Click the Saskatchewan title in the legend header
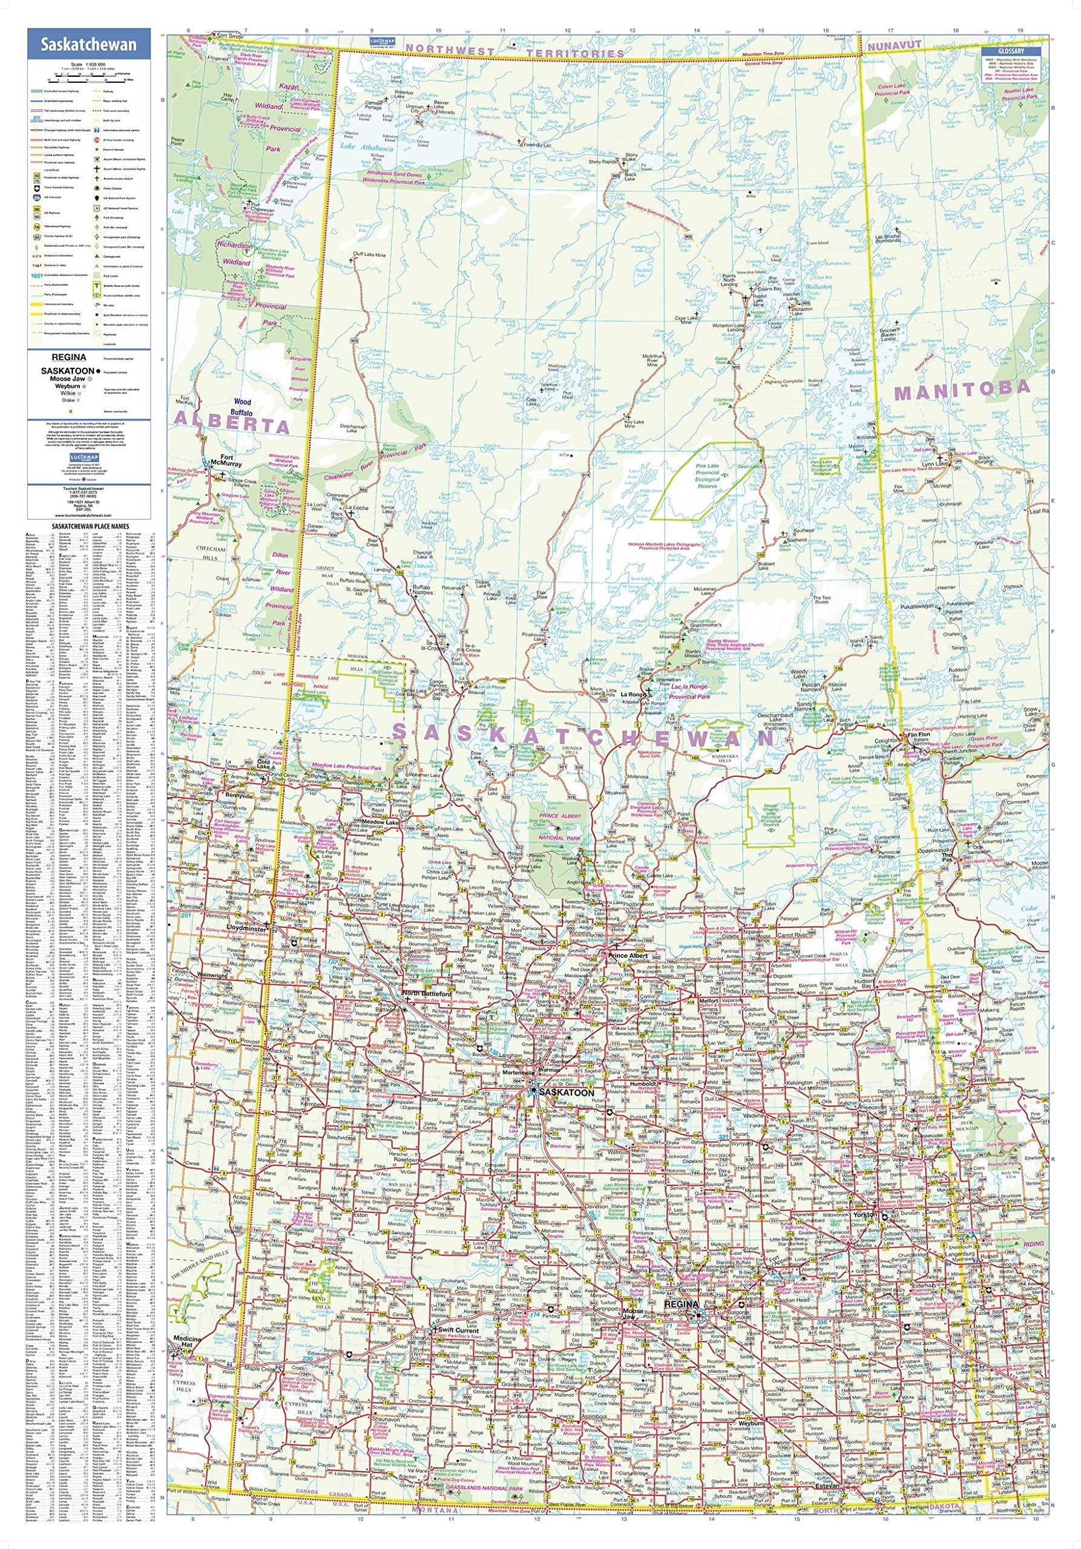pyautogui.click(x=88, y=45)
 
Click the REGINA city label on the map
pyautogui.click(x=681, y=1305)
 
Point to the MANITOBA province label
pyautogui.click(x=962, y=388)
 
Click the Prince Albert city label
pyautogui.click(x=628, y=956)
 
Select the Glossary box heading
pyautogui.click(x=1011, y=51)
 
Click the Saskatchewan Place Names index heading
pyautogui.click(x=88, y=525)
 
